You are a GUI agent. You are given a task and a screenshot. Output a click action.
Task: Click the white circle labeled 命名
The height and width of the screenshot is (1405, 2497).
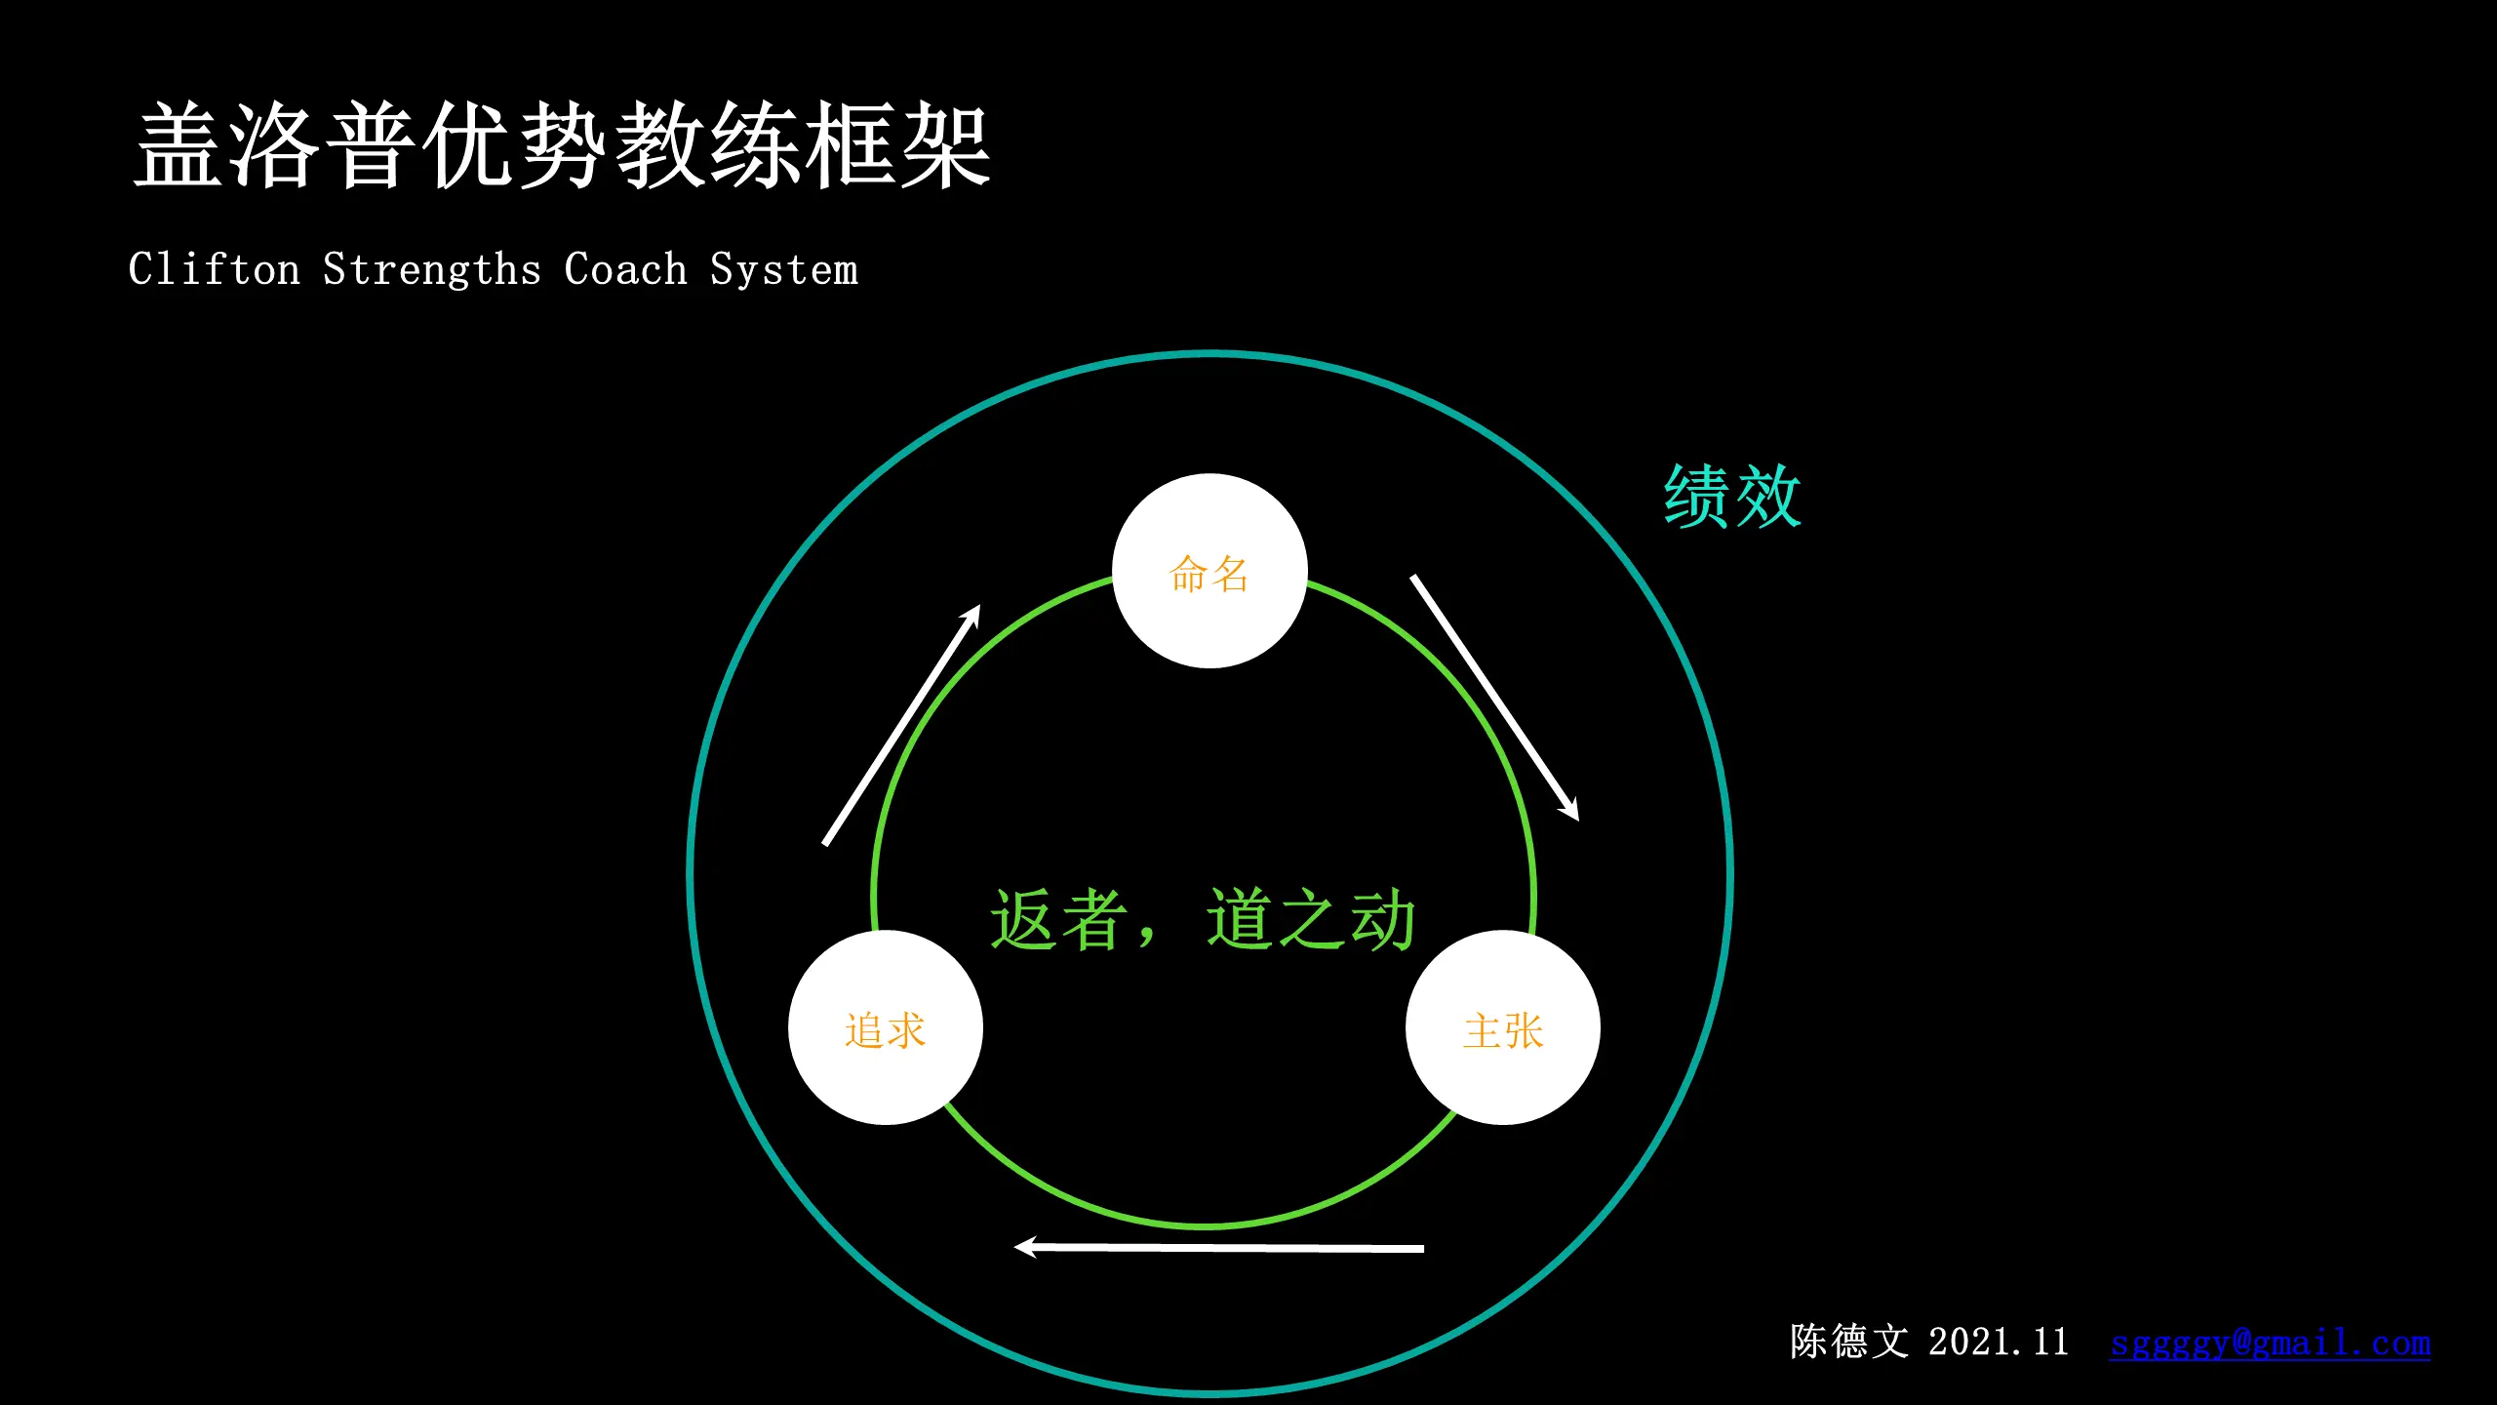click(x=1209, y=572)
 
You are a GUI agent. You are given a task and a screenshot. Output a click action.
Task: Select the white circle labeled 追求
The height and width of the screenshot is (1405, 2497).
click(x=885, y=1028)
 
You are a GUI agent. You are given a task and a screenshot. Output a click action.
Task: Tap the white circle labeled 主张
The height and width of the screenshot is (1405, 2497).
click(x=1502, y=1028)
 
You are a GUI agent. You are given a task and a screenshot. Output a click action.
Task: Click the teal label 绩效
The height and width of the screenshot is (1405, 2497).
click(x=1731, y=497)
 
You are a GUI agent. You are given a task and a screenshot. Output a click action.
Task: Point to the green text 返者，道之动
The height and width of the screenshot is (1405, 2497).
click(x=1203, y=919)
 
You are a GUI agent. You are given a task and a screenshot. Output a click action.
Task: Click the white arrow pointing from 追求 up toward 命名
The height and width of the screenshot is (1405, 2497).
click(x=902, y=724)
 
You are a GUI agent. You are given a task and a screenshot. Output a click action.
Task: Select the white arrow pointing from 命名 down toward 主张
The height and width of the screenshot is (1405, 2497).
click(x=1494, y=697)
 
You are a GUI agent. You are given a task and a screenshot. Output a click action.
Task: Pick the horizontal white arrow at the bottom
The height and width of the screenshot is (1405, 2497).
click(x=1219, y=1247)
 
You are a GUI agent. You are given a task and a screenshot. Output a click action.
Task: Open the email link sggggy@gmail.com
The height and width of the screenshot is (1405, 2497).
click(x=2270, y=1343)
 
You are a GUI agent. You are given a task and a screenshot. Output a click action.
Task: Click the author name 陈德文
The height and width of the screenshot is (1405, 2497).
click(x=1848, y=1342)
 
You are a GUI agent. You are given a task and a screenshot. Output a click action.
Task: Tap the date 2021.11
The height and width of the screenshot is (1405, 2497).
click(x=1998, y=1342)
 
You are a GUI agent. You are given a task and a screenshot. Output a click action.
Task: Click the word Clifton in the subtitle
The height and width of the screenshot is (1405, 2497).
click(x=215, y=269)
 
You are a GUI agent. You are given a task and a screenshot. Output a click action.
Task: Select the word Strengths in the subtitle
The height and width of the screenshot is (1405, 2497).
click(x=432, y=269)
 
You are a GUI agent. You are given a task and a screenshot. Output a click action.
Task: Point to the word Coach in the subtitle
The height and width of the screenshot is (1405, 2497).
click(x=625, y=269)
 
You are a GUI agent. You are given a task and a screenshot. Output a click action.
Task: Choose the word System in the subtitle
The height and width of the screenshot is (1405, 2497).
click(x=784, y=269)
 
